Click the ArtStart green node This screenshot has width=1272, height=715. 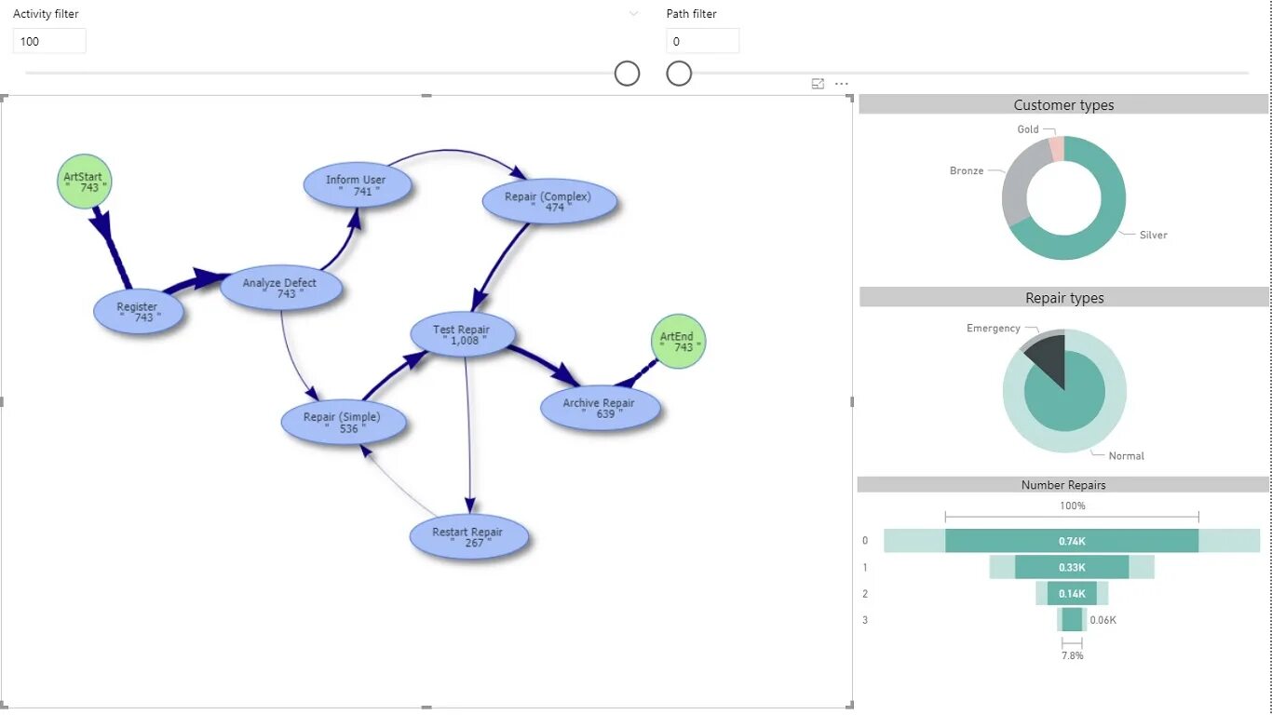(x=84, y=182)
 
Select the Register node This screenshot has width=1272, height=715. (x=139, y=312)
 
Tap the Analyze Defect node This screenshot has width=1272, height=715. (x=280, y=288)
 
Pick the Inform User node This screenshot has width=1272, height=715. (x=357, y=185)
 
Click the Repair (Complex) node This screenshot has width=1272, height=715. (x=548, y=202)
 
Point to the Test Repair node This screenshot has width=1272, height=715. (x=463, y=335)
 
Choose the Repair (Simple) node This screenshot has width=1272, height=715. (x=343, y=423)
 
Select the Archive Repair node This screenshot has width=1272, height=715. (x=600, y=408)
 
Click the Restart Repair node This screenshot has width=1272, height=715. (x=468, y=537)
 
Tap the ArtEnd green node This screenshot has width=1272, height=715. (x=678, y=342)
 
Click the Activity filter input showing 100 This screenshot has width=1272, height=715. (x=49, y=41)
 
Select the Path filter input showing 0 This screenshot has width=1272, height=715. (x=702, y=41)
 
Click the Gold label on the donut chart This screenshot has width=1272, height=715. (x=1028, y=129)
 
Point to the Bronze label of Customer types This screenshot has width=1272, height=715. (x=967, y=171)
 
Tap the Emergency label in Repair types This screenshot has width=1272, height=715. (x=994, y=329)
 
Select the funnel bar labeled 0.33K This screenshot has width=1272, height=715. (x=1072, y=567)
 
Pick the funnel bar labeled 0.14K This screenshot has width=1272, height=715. (x=1072, y=593)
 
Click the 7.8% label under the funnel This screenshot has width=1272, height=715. (x=1072, y=655)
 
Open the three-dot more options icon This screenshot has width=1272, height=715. (x=842, y=84)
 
